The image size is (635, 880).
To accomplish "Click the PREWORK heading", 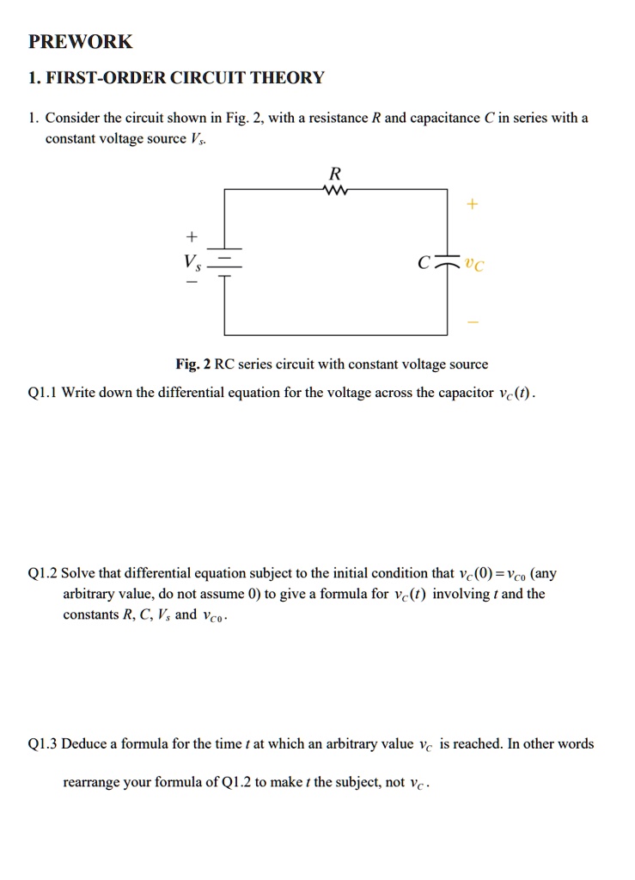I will (80, 41).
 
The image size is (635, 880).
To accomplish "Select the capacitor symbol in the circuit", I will (447, 263).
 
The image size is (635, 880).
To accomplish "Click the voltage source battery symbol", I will (225, 263).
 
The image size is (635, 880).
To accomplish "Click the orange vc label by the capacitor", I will (473, 265).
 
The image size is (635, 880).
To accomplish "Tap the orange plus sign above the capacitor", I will (473, 205).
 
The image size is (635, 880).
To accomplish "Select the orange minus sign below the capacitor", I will (473, 322).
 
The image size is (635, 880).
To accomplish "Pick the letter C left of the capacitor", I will (423, 264).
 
